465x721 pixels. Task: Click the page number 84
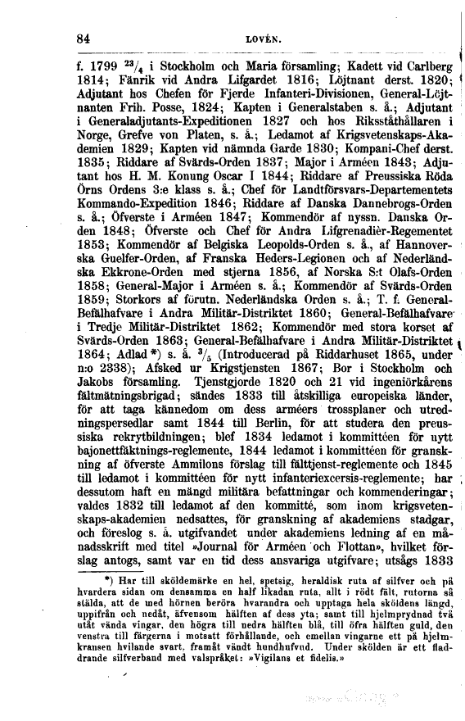coord(81,37)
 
